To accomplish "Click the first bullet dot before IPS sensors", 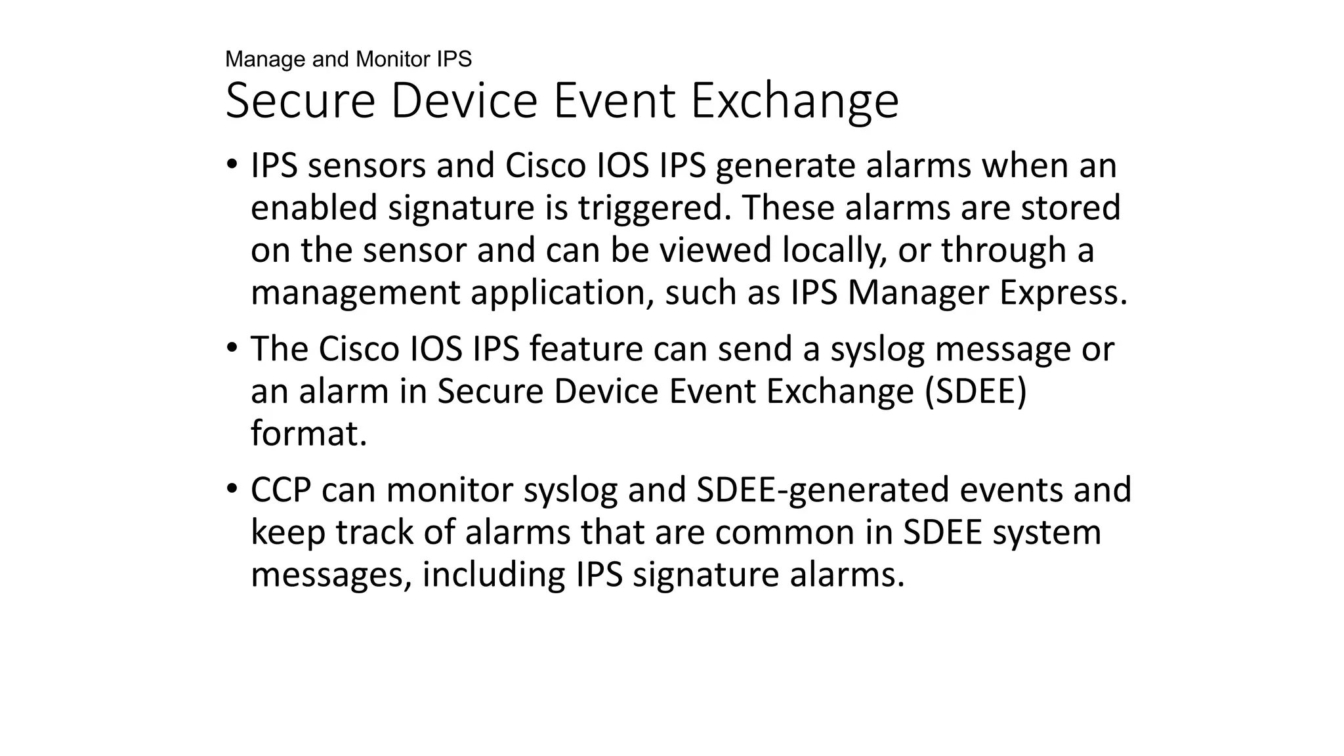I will [231, 165].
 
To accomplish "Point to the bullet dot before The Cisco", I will [231, 348].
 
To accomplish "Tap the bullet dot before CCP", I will [231, 489].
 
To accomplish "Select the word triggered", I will [656, 209].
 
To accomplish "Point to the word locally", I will [835, 251].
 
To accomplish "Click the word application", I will [562, 293].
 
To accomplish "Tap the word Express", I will [1063, 293].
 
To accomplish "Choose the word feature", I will [585, 348].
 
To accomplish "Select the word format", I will [308, 433].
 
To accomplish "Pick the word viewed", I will [715, 250].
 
